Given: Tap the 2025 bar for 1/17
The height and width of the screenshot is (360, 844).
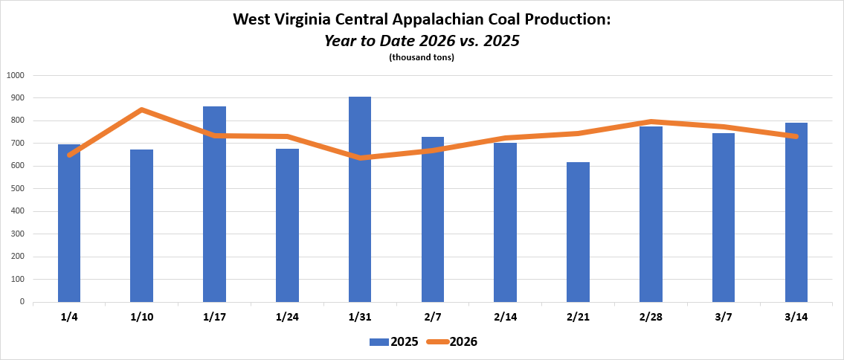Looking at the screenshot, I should (x=214, y=204).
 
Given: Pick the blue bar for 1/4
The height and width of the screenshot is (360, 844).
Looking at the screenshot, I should (x=69, y=223).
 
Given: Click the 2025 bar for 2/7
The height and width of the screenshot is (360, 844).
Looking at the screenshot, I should (x=433, y=219).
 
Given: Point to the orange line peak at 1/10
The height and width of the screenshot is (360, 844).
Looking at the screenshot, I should (x=141, y=110).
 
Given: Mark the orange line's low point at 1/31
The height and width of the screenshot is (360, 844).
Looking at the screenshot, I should (x=360, y=158).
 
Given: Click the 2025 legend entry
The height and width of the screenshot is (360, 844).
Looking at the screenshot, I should (x=394, y=342).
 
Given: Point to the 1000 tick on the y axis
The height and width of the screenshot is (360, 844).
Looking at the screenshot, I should (x=16, y=75).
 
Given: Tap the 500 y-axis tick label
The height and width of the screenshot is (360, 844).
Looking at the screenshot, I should (x=16, y=189).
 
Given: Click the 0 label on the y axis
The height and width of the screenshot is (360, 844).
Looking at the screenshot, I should (x=22, y=302).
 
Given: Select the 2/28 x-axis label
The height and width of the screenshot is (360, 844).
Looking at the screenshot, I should (x=650, y=317).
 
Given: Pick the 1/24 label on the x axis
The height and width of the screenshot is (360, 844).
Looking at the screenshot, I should (x=286, y=317).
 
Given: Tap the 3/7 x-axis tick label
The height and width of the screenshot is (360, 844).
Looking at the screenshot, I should (x=723, y=317).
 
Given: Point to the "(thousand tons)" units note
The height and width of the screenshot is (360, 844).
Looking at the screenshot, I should (x=422, y=57).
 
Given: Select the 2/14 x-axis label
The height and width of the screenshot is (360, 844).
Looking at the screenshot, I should (x=505, y=317).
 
